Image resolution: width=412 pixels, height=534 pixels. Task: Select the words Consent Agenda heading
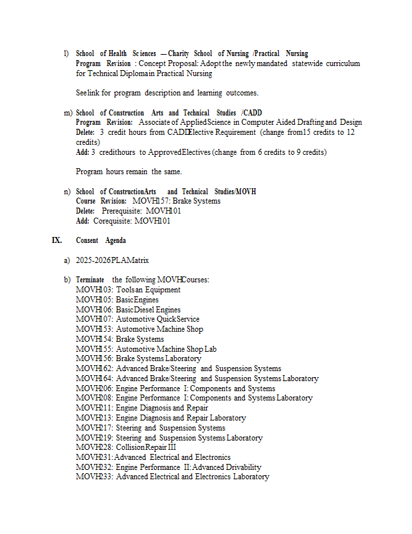pos(101,240)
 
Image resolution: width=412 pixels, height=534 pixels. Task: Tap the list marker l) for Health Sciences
pos(66,53)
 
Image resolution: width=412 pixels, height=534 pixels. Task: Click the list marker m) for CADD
pos(67,113)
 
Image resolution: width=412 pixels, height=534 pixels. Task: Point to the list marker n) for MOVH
pos(67,192)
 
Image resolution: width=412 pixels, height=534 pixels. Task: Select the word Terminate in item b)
pos(90,280)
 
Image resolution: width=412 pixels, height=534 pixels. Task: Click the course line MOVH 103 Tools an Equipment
pos(128,290)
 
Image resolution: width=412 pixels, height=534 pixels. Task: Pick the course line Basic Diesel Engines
pos(128,310)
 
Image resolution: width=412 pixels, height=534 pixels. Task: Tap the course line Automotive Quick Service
pos(137,319)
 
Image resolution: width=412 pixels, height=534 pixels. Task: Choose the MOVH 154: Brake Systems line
pos(119,339)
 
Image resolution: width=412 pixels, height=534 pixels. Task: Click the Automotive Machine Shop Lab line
pos(146,348)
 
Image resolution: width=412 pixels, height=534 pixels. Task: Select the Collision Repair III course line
pos(126,447)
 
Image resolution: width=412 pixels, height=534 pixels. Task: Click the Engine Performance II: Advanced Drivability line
pos(168,467)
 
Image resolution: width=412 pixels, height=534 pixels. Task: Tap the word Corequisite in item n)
pos(112,221)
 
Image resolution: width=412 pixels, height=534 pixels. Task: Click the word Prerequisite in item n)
pos(121,211)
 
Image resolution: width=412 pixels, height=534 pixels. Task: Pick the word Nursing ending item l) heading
pos(297,53)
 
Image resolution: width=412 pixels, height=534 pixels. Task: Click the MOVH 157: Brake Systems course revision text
pos(177,201)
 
